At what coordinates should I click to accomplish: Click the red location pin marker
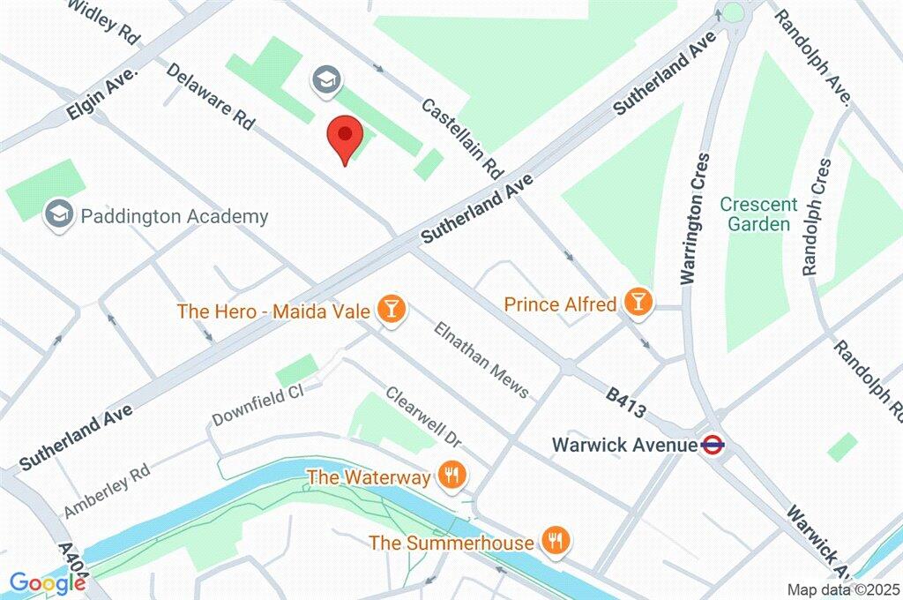(x=345, y=139)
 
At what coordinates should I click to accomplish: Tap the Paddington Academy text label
(x=175, y=216)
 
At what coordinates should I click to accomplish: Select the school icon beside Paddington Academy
(x=59, y=214)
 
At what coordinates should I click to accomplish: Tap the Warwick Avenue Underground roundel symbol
(x=713, y=445)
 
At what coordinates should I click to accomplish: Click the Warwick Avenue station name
(x=624, y=445)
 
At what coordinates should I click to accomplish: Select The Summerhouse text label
(x=451, y=542)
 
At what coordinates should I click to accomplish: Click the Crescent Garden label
(x=758, y=214)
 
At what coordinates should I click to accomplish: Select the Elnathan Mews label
(x=481, y=359)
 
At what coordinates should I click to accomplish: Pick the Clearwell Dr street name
(x=423, y=416)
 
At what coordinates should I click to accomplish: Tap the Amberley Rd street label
(x=108, y=492)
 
